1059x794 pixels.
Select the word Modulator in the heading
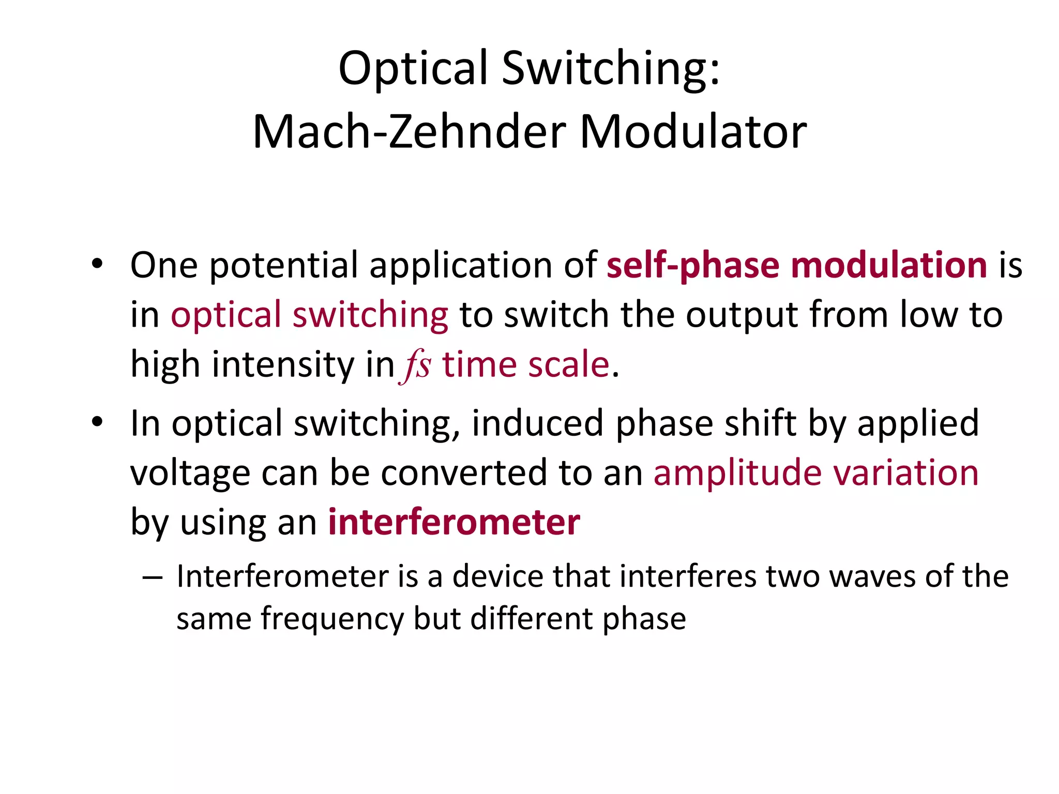pos(693,132)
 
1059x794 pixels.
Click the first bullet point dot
pos(97,264)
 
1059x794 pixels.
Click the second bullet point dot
pos(97,422)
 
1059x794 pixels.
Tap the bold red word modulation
pos(889,265)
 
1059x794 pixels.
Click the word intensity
pos(283,364)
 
